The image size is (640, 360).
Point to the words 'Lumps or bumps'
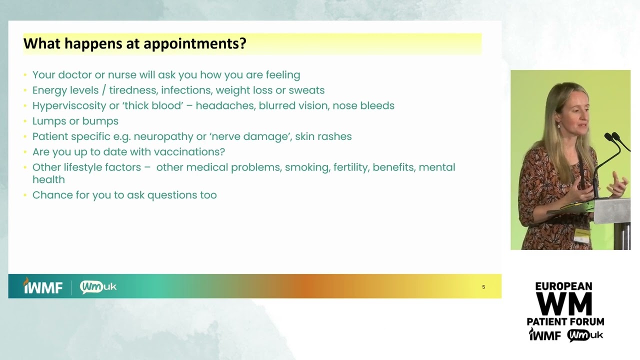(x=75, y=121)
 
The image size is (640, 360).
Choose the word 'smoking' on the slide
(x=307, y=167)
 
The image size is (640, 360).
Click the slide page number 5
(x=483, y=287)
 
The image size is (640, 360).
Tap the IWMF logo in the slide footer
(x=43, y=286)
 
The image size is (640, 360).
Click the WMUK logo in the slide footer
(x=98, y=286)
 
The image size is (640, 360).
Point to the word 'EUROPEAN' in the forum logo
(x=563, y=286)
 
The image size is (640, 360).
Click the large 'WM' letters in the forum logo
(x=564, y=303)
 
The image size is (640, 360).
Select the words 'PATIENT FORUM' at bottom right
(x=565, y=321)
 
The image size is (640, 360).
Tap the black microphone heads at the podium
(x=611, y=136)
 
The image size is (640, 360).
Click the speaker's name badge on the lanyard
(x=581, y=235)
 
